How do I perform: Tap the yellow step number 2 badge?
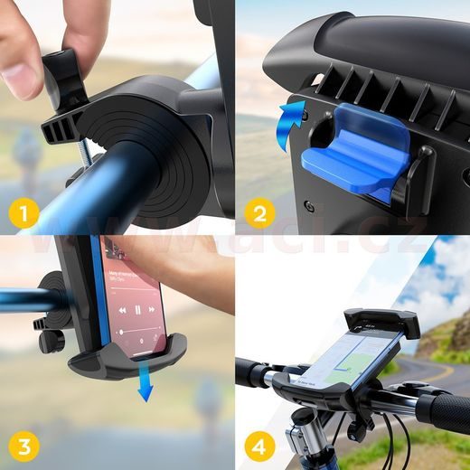[x=260, y=214]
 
